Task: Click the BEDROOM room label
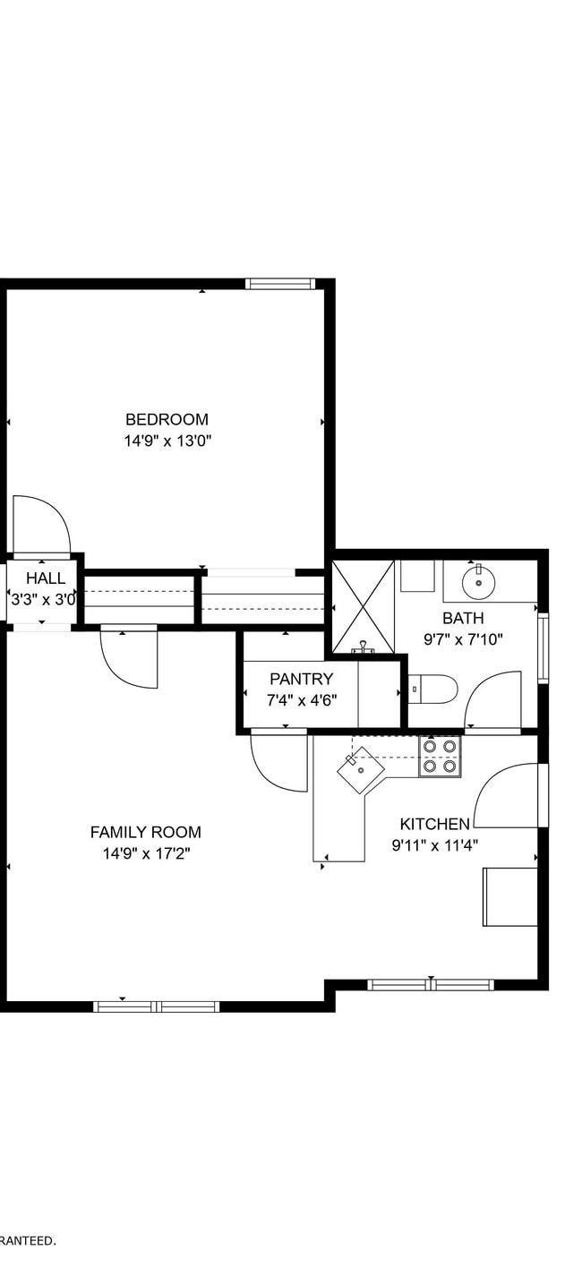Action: pyautogui.click(x=167, y=419)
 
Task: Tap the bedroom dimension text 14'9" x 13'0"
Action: pyautogui.click(x=167, y=441)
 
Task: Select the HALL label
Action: pyautogui.click(x=45, y=578)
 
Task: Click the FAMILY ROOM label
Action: pyautogui.click(x=145, y=832)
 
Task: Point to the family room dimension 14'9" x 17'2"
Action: pyautogui.click(x=146, y=853)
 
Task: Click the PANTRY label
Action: pyautogui.click(x=301, y=679)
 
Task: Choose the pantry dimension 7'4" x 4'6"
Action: pyautogui.click(x=301, y=700)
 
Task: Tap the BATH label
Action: pyautogui.click(x=463, y=618)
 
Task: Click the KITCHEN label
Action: pyautogui.click(x=434, y=824)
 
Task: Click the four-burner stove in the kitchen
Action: pyautogui.click(x=440, y=756)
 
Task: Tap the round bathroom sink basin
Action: pyautogui.click(x=479, y=582)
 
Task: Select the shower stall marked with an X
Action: pyautogui.click(x=363, y=606)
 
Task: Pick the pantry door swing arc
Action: pyautogui.click(x=278, y=763)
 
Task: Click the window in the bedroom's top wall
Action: pyautogui.click(x=280, y=284)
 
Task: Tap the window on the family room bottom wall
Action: pyautogui.click(x=157, y=1006)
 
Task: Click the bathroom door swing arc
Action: pyautogui.click(x=493, y=701)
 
